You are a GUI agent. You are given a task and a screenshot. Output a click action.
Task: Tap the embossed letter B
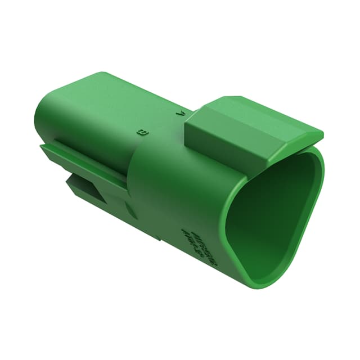[x=142, y=133]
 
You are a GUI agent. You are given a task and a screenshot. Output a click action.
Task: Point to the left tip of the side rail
[x=42, y=147]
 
